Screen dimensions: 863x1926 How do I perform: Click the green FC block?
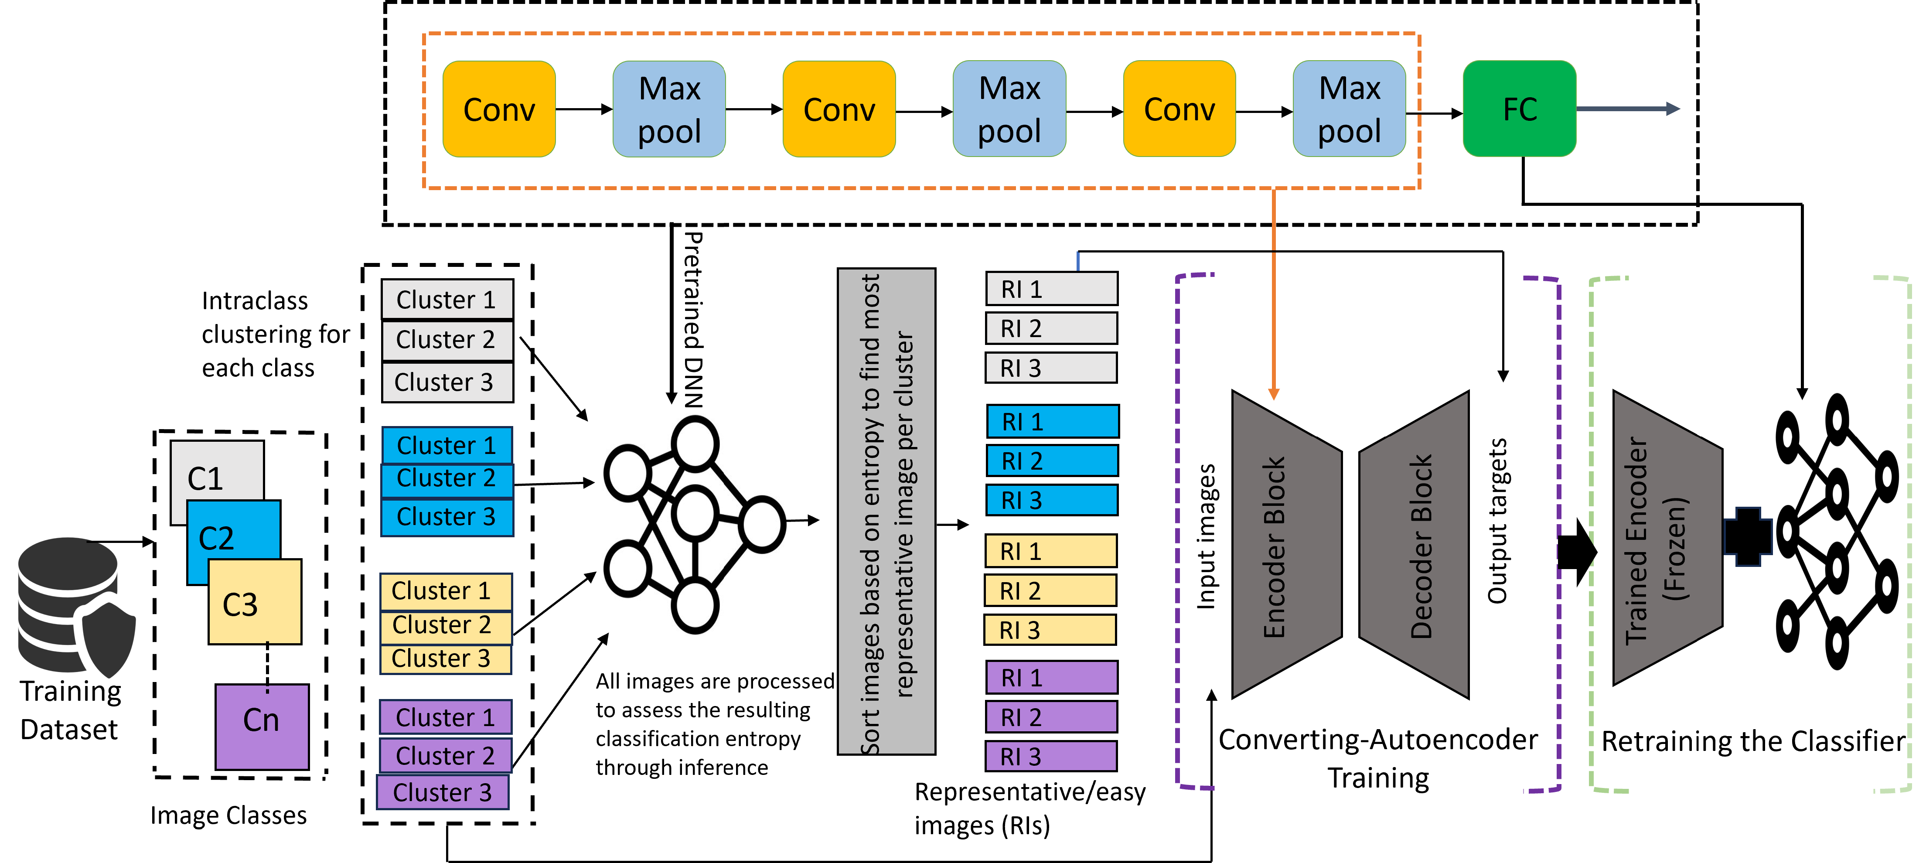point(1519,109)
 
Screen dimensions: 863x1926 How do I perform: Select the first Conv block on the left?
point(499,109)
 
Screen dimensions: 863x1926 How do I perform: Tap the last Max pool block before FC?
point(1349,109)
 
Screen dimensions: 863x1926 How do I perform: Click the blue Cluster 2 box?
point(447,479)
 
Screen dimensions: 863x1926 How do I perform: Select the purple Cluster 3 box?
point(443,792)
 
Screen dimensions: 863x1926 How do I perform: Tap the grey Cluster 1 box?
point(447,299)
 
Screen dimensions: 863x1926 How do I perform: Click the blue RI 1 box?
point(1052,422)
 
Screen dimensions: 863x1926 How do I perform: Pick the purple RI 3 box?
point(1050,757)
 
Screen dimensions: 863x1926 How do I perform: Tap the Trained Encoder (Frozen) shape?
point(1666,539)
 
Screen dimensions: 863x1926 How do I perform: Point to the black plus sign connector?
point(1748,536)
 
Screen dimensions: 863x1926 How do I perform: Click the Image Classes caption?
point(228,815)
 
